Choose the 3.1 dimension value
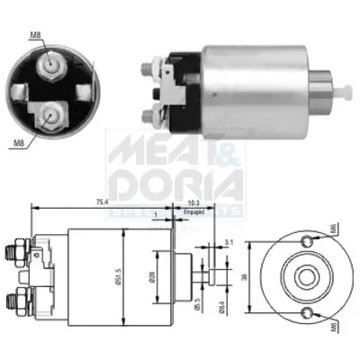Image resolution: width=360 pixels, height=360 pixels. (x=229, y=240)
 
